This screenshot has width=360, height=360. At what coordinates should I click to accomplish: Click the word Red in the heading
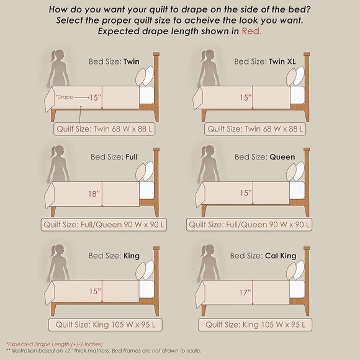[251, 31]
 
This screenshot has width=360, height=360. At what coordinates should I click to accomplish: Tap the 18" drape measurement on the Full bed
[94, 194]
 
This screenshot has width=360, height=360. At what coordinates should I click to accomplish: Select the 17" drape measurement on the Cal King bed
[245, 293]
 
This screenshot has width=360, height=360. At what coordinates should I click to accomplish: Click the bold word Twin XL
[282, 61]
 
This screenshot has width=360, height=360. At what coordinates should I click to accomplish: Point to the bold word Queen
[282, 157]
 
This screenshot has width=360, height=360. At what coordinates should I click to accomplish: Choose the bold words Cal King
[281, 256]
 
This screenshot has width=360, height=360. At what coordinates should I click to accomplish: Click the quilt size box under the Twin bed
[104, 129]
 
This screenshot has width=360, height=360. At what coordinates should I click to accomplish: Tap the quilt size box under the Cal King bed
[255, 325]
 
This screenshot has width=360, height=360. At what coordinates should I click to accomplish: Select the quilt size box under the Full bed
[104, 225]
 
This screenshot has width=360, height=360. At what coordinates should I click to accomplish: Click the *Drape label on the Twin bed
[65, 97]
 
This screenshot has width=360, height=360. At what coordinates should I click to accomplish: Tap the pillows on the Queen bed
[295, 171]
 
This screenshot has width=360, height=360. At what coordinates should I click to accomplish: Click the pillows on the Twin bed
[145, 76]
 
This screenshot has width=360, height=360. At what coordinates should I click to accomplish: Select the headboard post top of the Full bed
[156, 150]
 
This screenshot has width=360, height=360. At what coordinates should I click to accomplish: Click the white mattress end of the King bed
[146, 289]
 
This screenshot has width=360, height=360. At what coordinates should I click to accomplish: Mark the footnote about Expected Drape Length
[55, 344]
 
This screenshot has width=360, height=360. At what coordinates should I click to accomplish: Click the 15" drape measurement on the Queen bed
[246, 193]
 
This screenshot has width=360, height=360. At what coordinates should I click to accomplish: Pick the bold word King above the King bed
[132, 256]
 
